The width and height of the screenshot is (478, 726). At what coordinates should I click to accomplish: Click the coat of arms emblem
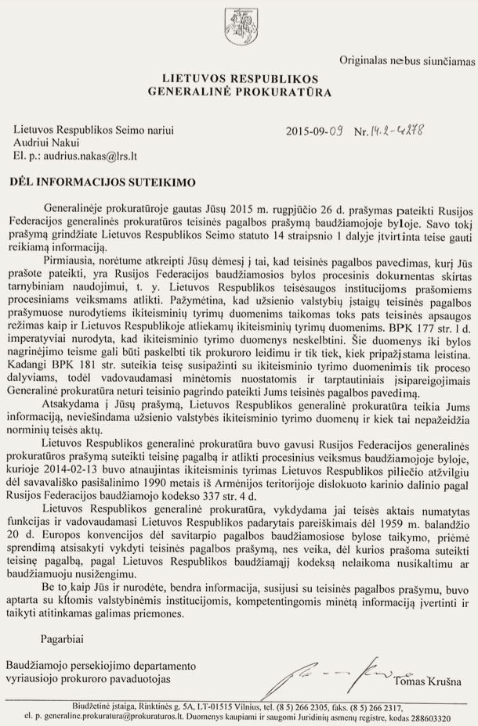click(237, 21)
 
